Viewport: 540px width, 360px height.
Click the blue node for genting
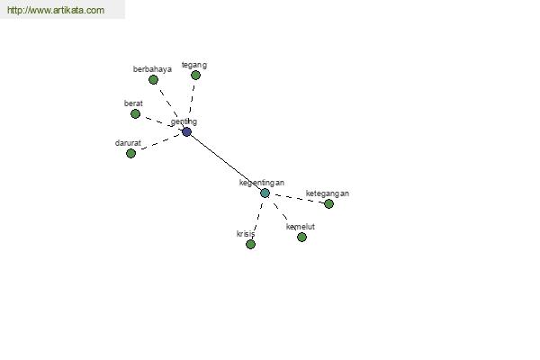coord(186,131)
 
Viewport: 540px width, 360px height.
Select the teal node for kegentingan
coord(265,193)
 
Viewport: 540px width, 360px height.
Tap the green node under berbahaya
coord(153,80)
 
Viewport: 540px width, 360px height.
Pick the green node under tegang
coord(195,75)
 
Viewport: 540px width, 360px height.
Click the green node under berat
coord(135,113)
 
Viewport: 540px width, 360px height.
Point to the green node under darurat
coord(130,153)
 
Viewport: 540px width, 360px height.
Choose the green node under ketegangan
coord(328,204)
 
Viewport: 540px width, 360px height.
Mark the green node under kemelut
coord(301,237)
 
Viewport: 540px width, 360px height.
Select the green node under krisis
coord(251,245)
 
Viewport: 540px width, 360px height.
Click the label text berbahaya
coord(152,69)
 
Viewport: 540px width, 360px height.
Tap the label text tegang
coord(194,65)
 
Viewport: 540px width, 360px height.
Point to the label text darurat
coord(128,143)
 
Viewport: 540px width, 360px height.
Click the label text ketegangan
coord(328,193)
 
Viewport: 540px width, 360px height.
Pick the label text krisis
coord(246,234)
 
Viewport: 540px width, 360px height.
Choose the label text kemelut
coord(301,227)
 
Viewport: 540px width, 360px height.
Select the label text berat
coord(133,103)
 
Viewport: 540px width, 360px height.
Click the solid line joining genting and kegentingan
coord(226,162)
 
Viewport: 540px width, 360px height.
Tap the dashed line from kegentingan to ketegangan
coord(300,199)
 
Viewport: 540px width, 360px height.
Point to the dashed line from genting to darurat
coord(160,142)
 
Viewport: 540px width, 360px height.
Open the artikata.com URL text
coord(56,10)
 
